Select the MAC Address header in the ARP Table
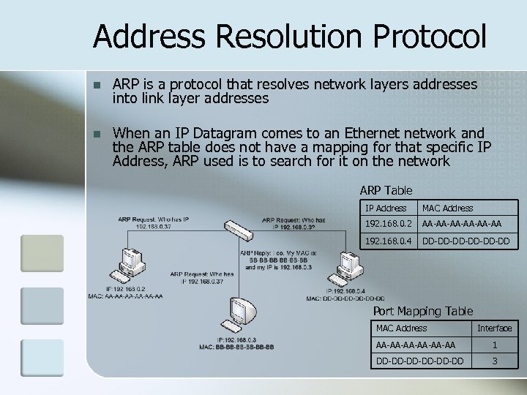(x=447, y=208)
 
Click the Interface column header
(x=494, y=328)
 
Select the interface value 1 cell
(x=494, y=345)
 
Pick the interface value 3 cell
(x=494, y=361)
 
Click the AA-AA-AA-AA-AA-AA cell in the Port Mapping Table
(x=415, y=345)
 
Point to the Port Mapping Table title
(x=422, y=311)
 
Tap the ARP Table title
(x=385, y=190)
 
